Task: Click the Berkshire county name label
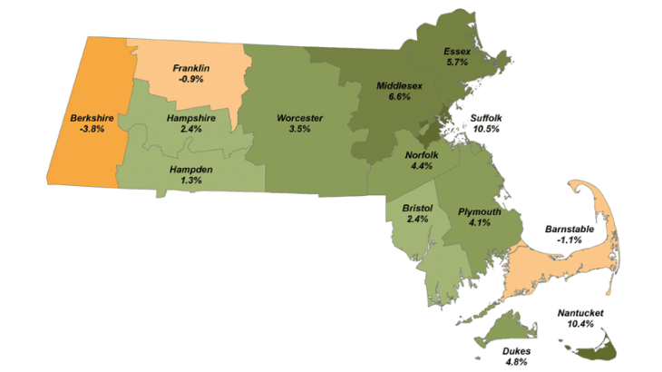click(x=91, y=117)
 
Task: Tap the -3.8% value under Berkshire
click(x=91, y=129)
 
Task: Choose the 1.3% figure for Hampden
click(x=191, y=181)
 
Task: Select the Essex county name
click(x=457, y=52)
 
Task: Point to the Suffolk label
click(x=492, y=118)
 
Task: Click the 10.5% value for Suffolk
click(x=492, y=130)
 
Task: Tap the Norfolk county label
click(x=423, y=154)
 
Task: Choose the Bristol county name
click(x=419, y=210)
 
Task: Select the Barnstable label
click(x=570, y=229)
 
